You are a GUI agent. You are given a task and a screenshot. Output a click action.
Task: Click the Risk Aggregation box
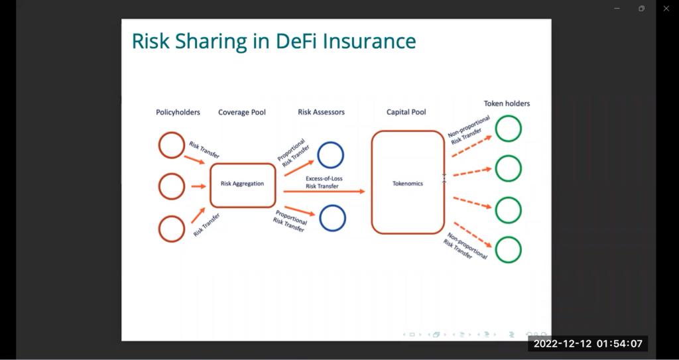coord(242,184)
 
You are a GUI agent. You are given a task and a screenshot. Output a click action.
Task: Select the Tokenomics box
coord(407,183)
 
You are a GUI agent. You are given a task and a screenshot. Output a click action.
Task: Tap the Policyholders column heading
coord(178,113)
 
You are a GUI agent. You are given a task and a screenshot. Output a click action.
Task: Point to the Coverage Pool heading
coord(242,113)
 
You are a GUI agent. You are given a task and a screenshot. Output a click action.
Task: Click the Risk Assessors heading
coord(321,112)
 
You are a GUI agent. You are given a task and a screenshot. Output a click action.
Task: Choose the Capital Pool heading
coord(406,112)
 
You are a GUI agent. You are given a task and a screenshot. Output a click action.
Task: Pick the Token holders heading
coord(507,103)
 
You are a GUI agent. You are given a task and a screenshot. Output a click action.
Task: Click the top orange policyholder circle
coord(171,145)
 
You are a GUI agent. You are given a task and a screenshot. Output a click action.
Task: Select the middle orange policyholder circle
coord(171,186)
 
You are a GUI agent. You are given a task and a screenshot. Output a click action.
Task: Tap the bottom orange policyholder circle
coord(171,229)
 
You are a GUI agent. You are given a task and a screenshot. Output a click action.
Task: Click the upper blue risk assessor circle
coord(330,155)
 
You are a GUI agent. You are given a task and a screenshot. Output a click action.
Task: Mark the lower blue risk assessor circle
coord(332,218)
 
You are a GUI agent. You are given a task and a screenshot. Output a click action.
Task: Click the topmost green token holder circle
coord(509,129)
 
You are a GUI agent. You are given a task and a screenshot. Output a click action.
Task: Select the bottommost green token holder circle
coord(509,250)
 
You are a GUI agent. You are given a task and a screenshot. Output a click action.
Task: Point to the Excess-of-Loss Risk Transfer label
coord(322,182)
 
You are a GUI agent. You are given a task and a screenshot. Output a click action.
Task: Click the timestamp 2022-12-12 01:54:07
coord(587,343)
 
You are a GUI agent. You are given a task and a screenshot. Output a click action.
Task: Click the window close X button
coord(666,9)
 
